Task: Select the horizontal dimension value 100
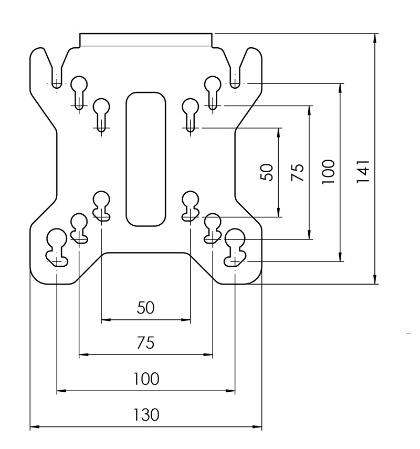(x=146, y=379)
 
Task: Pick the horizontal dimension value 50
(x=145, y=308)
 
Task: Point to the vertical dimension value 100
(x=328, y=171)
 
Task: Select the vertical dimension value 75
(x=297, y=172)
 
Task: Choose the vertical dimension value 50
(x=267, y=172)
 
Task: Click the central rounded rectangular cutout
(x=145, y=159)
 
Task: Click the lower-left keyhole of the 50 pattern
(x=101, y=205)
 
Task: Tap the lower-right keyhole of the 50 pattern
(x=190, y=205)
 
